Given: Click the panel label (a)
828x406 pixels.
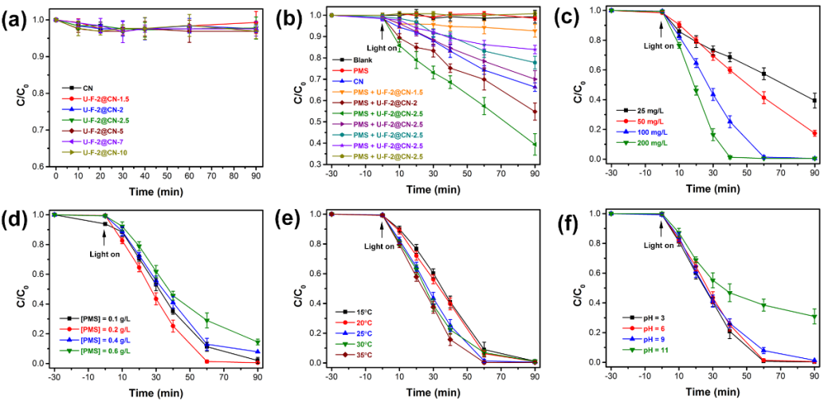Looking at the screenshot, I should pyautogui.click(x=18, y=18).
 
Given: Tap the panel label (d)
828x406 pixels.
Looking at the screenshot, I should pyautogui.click(x=18, y=220).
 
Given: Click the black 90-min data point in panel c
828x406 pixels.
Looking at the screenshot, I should pyautogui.click(x=814, y=101).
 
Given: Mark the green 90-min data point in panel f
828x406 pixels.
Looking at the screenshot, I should pyautogui.click(x=814, y=316).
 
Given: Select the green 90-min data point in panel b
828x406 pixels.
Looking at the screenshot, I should pyautogui.click(x=535, y=144).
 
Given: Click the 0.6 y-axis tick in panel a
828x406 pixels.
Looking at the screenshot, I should pyautogui.click(x=37, y=167).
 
